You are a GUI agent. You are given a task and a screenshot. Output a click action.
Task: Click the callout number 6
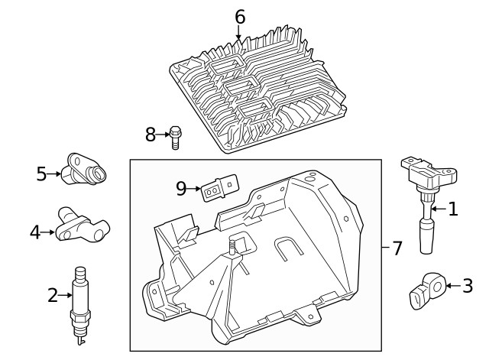click(240, 16)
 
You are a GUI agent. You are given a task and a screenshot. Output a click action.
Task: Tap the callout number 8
click(151, 135)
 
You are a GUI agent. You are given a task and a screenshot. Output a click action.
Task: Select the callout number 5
click(41, 174)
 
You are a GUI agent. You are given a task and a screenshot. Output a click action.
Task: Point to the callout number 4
click(35, 232)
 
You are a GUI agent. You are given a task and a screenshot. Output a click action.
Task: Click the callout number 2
click(53, 294)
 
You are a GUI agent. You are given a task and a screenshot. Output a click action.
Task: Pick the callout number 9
click(181, 188)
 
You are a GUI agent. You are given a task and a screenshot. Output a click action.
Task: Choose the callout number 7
click(397, 248)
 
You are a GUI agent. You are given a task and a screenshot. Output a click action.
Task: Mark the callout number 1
click(452, 208)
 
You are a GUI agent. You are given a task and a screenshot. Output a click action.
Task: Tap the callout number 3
click(468, 286)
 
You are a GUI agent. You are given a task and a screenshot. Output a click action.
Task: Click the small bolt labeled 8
click(175, 138)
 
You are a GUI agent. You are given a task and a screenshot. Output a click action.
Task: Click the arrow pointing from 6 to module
click(239, 32)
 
